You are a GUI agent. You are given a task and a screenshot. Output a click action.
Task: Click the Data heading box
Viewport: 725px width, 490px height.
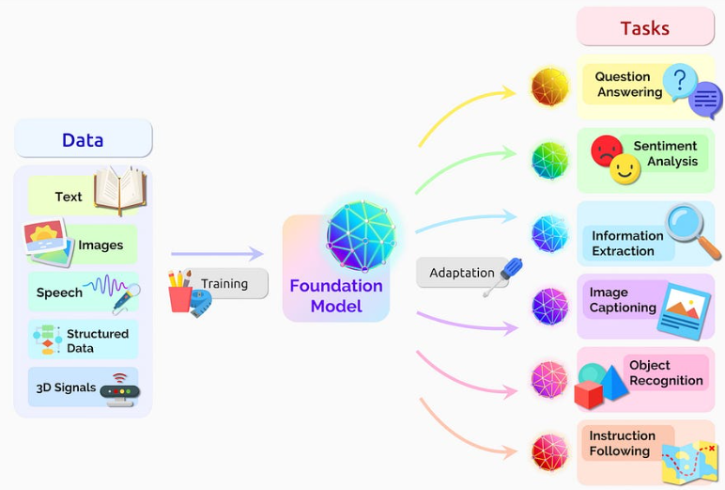click(x=83, y=140)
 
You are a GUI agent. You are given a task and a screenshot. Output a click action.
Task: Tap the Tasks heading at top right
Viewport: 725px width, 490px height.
click(x=644, y=28)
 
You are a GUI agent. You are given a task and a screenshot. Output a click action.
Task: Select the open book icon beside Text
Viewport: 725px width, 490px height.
click(x=119, y=191)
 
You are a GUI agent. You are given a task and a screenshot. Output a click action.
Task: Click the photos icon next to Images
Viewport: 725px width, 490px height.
click(x=48, y=242)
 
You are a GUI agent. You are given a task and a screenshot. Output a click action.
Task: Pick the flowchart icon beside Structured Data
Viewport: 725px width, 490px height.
click(x=46, y=340)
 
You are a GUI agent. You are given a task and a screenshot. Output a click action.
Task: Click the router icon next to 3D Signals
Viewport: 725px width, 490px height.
click(x=120, y=387)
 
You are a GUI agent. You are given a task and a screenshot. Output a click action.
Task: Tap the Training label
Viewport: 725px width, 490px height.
click(x=224, y=283)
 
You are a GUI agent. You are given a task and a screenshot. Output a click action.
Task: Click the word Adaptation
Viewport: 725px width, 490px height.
click(x=462, y=273)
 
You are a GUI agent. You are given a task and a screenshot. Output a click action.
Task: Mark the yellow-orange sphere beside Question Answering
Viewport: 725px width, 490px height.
click(x=549, y=87)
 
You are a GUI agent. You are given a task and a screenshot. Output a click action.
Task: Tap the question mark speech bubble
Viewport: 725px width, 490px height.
click(x=679, y=82)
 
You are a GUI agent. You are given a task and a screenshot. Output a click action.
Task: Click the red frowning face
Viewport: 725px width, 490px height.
click(x=607, y=150)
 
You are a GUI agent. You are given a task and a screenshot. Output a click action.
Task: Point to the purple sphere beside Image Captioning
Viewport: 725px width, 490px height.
click(x=549, y=306)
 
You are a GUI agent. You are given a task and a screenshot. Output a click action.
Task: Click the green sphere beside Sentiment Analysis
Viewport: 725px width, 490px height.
click(x=549, y=160)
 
